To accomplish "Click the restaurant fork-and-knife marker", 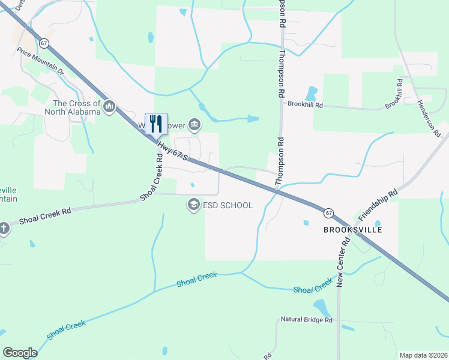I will click(156, 124).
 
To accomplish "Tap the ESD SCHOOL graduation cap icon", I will click(193, 205).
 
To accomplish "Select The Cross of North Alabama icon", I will click(109, 107).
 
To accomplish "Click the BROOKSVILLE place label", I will click(352, 230).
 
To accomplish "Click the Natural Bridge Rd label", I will click(307, 320).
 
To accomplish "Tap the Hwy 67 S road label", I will click(173, 151).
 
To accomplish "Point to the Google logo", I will click(20, 353).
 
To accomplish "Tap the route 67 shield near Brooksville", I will click(328, 213).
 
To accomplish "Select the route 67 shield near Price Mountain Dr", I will click(44, 43).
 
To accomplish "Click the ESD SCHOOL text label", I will click(228, 205).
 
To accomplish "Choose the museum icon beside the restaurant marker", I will click(194, 125).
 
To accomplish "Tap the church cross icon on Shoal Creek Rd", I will click(4, 228).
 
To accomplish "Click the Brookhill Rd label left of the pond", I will click(305, 104).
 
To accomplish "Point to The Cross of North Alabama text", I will click(76, 108).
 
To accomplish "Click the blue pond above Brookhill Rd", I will click(311, 94).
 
